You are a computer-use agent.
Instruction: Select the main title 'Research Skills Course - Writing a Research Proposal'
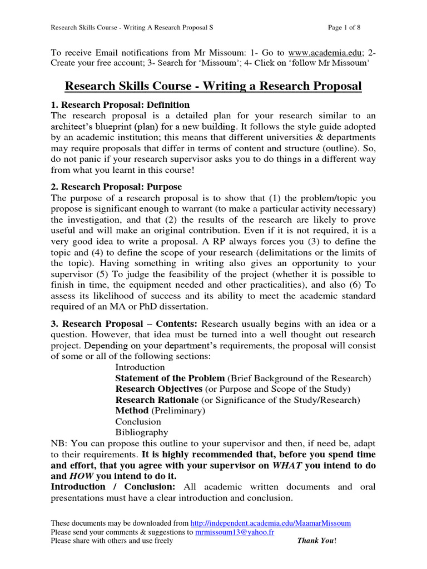coord(213,86)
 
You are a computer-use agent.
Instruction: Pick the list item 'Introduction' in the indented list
coord(140,367)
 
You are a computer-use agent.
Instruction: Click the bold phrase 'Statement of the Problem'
coord(170,378)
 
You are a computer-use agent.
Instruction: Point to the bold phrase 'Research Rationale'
coord(157,400)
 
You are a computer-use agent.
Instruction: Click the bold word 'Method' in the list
coord(132,411)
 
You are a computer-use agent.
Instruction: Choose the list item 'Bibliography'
coord(142,432)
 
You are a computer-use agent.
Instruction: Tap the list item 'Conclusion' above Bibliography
coord(138,422)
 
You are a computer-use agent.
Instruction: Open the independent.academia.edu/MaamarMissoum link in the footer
coord(270,523)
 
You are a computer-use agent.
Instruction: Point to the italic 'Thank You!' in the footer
coord(317,541)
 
